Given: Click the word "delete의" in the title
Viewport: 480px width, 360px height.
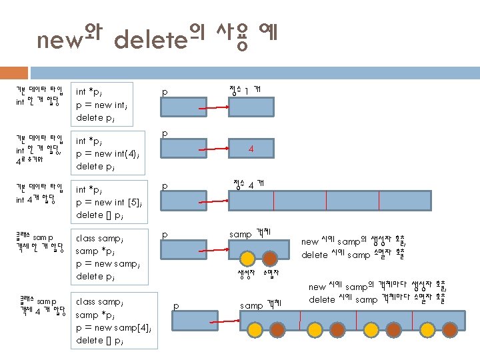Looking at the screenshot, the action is pos(158,39).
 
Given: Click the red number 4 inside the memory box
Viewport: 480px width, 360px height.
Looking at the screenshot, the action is pos(251,149).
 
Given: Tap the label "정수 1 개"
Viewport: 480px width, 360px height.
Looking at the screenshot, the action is pos(245,89).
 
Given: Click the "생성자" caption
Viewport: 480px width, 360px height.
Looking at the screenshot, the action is pos(247,273).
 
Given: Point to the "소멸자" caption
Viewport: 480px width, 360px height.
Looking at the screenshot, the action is pos(271,273).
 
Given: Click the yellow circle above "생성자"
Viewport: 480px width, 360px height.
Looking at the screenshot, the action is pos(247,258).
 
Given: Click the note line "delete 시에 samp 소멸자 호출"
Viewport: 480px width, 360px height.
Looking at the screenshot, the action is pos(354,255).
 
